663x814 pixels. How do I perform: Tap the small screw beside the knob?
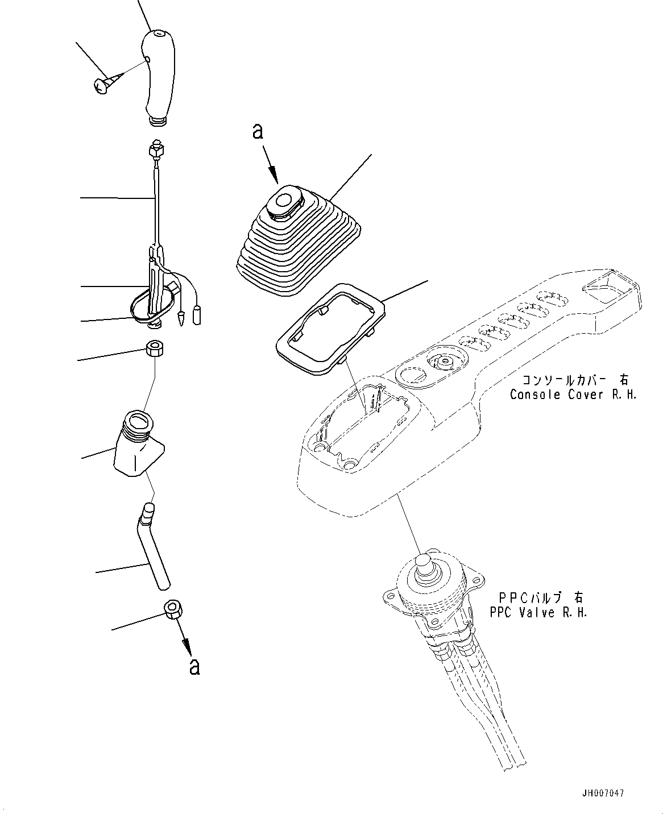click(x=102, y=85)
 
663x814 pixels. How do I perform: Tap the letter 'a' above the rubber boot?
click(x=258, y=132)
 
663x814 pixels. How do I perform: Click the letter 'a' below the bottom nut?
click(x=194, y=666)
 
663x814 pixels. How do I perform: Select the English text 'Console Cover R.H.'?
click(x=573, y=394)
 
